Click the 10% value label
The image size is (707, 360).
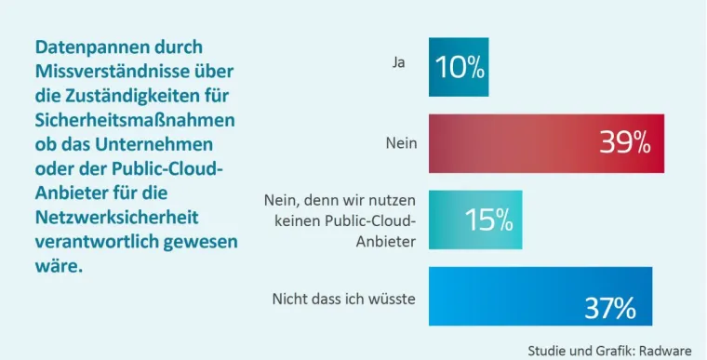pyautogui.click(x=459, y=67)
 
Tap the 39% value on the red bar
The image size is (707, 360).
pyautogui.click(x=624, y=143)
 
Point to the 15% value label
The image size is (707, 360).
pyautogui.click(x=488, y=220)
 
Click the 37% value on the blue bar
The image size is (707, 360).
pyautogui.click(x=609, y=308)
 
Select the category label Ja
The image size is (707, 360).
pyautogui.click(x=398, y=63)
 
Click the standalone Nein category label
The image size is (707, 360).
pyautogui.click(x=401, y=143)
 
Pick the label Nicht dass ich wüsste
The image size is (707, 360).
pyautogui.click(x=343, y=299)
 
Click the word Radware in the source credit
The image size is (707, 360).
pyautogui.click(x=666, y=350)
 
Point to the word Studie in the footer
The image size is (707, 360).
pyautogui.click(x=547, y=350)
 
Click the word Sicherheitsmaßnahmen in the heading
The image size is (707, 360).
pyautogui.click(x=134, y=120)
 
